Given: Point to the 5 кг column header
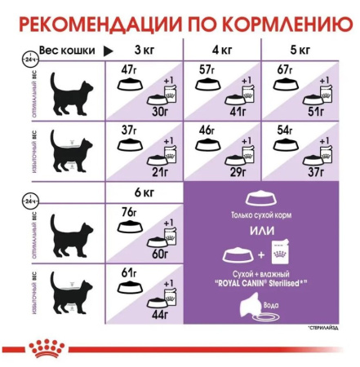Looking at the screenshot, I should click(x=299, y=51).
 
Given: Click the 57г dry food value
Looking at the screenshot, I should click(x=207, y=69).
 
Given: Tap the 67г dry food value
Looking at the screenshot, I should click(x=283, y=69).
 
